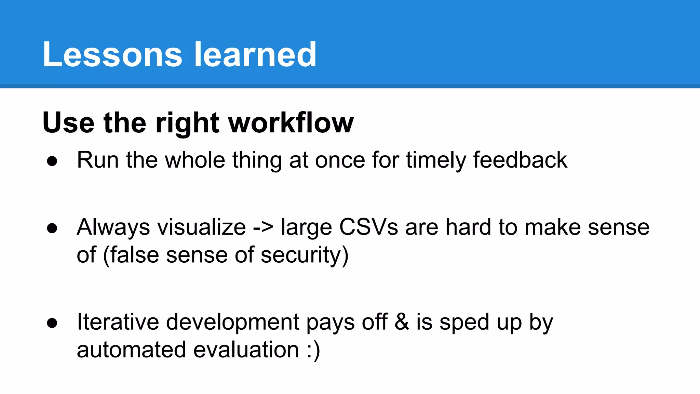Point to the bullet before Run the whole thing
tap(52, 161)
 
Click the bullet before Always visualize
tap(52, 228)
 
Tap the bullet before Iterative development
tap(52, 323)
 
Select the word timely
tap(436, 160)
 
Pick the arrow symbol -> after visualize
tap(263, 227)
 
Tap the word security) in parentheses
tap(305, 255)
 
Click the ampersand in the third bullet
tap(402, 322)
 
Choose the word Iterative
tap(118, 322)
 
